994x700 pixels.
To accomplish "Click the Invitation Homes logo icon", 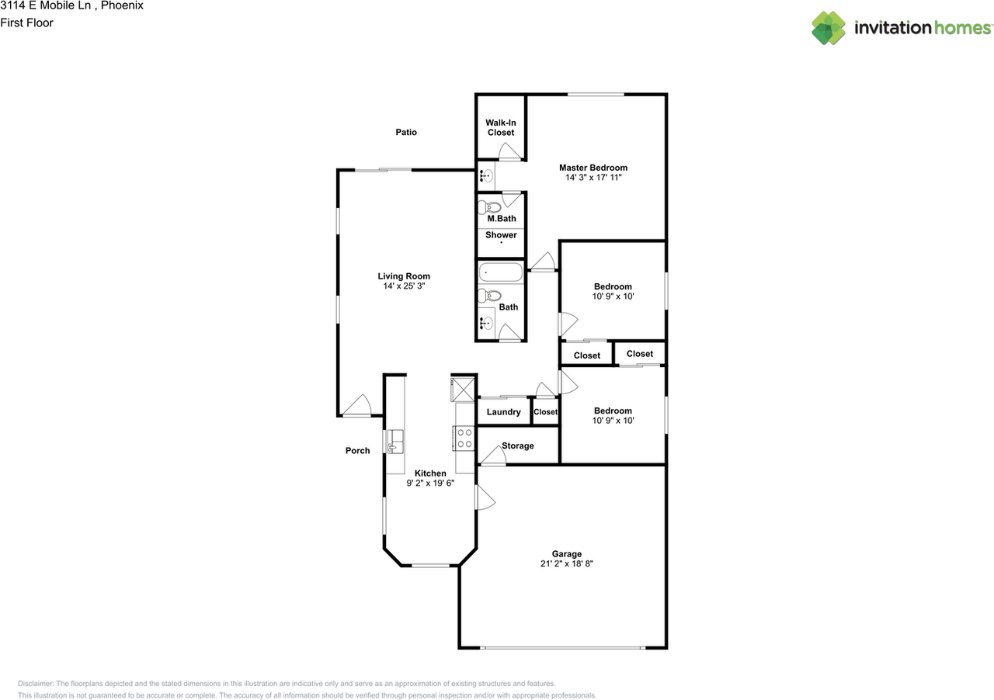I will tap(829, 28).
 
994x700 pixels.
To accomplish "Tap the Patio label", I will tap(406, 132).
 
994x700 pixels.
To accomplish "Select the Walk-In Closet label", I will tap(501, 127).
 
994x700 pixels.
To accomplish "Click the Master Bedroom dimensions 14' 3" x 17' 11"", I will tap(593, 178).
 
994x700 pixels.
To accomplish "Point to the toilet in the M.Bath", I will tap(489, 206).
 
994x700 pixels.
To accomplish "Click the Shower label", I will tap(501, 235).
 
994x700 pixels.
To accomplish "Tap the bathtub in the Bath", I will tap(500, 272).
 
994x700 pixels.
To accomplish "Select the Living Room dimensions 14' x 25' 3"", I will tap(404, 286).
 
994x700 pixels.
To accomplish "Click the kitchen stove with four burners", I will tap(464, 438).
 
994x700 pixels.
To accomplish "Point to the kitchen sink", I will tap(394, 441).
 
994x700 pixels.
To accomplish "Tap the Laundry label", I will tap(503, 412).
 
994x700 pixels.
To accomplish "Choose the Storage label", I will tap(517, 445).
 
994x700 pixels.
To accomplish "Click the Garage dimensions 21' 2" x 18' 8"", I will tap(567, 564).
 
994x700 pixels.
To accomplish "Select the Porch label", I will tap(358, 451).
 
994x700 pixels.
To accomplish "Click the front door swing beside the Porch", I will tap(357, 406).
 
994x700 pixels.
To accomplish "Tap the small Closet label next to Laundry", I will tap(545, 412).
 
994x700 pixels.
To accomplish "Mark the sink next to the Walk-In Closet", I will tap(485, 176).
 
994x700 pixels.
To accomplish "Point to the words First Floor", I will tap(26, 23).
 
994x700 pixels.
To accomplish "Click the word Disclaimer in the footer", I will tap(36, 684).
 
